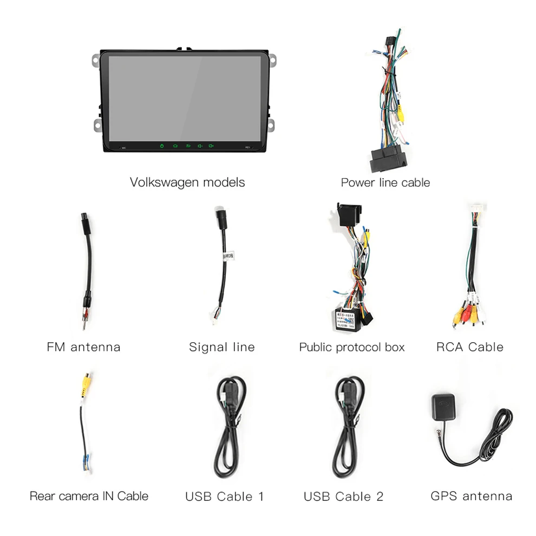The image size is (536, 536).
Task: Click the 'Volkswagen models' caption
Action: [187, 182]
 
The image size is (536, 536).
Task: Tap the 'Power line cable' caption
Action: [385, 182]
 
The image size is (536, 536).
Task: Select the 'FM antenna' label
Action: [83, 347]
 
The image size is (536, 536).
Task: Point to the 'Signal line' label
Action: [221, 347]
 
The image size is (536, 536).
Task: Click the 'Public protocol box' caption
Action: [351, 347]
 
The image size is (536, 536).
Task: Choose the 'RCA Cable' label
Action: [469, 347]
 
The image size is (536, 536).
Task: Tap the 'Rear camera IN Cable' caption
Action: [89, 495]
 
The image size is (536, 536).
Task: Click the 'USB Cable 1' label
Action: [224, 496]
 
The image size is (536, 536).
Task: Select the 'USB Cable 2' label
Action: [343, 496]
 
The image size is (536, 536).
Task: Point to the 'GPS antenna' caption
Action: [471, 495]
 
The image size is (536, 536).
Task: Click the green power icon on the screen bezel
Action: [161, 146]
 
